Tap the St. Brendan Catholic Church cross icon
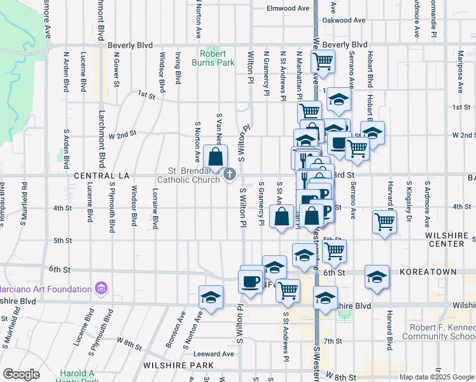click(230, 174)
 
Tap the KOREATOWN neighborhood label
click(428, 272)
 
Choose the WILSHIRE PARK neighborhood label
click(178, 365)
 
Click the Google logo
click(21, 374)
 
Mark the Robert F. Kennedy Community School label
click(438, 331)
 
